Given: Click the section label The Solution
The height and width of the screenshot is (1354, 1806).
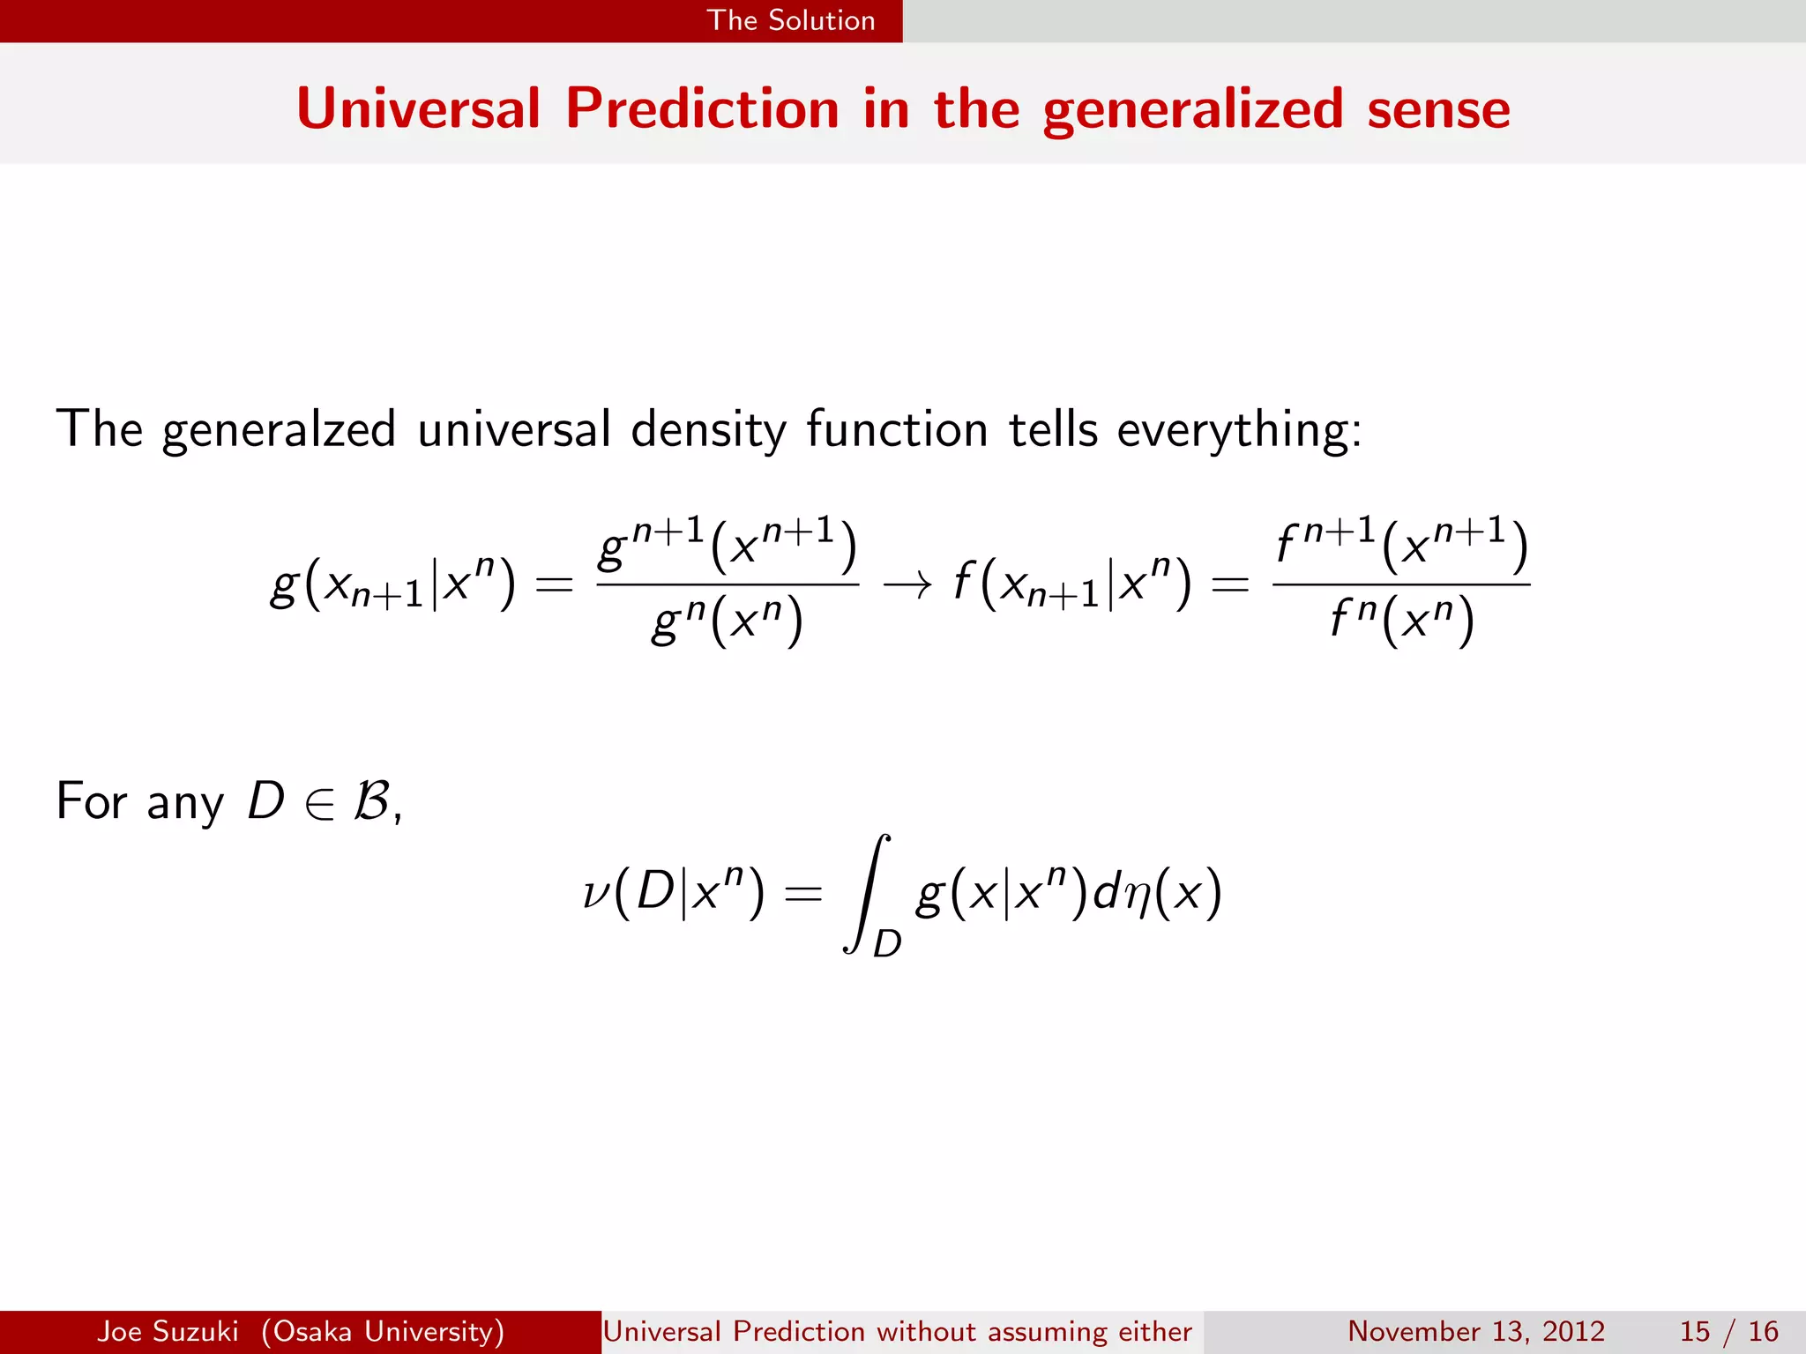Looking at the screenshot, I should [791, 20].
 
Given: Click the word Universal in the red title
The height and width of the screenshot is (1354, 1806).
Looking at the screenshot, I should [418, 109].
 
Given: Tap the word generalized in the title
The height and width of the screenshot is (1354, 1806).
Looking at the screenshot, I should [1192, 109].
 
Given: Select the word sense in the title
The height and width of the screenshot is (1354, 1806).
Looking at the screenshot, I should [1438, 109].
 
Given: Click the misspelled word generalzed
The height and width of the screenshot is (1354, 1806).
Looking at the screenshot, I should [279, 431].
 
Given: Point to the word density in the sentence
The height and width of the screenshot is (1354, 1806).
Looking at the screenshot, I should [708, 431].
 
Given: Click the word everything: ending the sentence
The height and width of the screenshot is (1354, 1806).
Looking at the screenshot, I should [1239, 431].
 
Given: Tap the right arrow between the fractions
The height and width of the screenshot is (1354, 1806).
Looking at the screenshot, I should [907, 584].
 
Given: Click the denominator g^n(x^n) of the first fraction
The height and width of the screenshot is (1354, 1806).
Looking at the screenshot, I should [728, 621].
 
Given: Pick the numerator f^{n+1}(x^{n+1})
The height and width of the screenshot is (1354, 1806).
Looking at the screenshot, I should [1401, 544].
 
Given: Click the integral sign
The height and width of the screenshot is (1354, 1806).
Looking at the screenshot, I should [866, 892].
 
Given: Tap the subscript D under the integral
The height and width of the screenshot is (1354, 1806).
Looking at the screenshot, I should [886, 944].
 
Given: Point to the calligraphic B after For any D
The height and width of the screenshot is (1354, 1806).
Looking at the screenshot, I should [370, 801].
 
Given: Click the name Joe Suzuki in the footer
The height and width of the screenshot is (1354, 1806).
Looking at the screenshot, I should [168, 1331].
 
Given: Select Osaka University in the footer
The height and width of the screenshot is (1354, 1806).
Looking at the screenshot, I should [383, 1331].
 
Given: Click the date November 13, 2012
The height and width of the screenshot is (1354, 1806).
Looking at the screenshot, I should [1476, 1331].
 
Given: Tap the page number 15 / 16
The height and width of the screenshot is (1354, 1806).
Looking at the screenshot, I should [1728, 1331].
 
